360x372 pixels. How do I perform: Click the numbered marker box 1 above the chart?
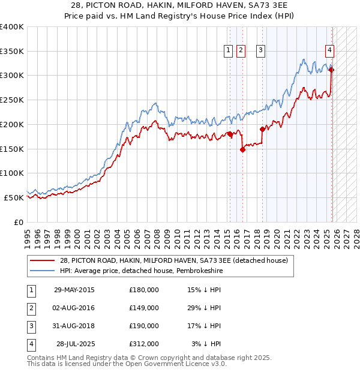229,51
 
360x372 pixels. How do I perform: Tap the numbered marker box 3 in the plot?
261,51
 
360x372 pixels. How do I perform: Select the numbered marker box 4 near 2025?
330,51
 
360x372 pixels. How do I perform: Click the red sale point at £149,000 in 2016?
242,150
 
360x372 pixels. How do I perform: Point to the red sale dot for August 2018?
262,129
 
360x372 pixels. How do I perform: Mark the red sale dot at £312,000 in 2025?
332,70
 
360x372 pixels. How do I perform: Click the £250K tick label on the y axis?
12,100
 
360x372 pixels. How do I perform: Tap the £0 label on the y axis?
17,222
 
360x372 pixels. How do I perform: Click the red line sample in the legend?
43,260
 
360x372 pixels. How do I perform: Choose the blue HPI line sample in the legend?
43,271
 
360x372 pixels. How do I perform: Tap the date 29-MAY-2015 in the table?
74,290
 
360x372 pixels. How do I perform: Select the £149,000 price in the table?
144,308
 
